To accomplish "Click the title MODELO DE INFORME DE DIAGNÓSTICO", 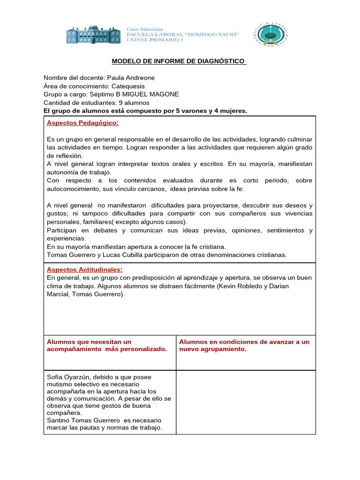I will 179,61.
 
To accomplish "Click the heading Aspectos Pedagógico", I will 82,123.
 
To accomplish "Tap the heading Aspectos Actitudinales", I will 84,270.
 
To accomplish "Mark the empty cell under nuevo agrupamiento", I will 246,402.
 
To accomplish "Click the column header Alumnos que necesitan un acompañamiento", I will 107,345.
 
